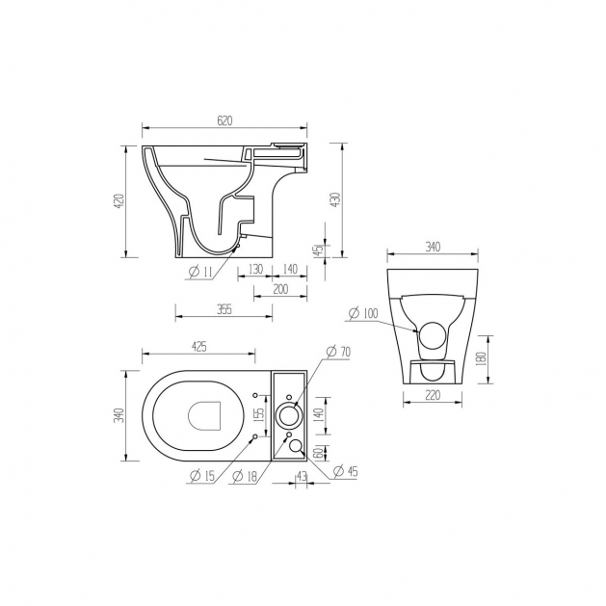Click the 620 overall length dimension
tap(224, 121)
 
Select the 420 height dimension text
tap(120, 201)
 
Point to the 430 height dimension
tap(336, 199)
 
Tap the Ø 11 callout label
tap(200, 272)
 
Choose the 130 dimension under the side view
tap(255, 269)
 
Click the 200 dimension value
tap(280, 289)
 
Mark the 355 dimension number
tap(224, 309)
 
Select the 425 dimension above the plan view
tap(199, 347)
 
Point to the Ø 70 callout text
tap(338, 352)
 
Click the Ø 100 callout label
tap(363, 313)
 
